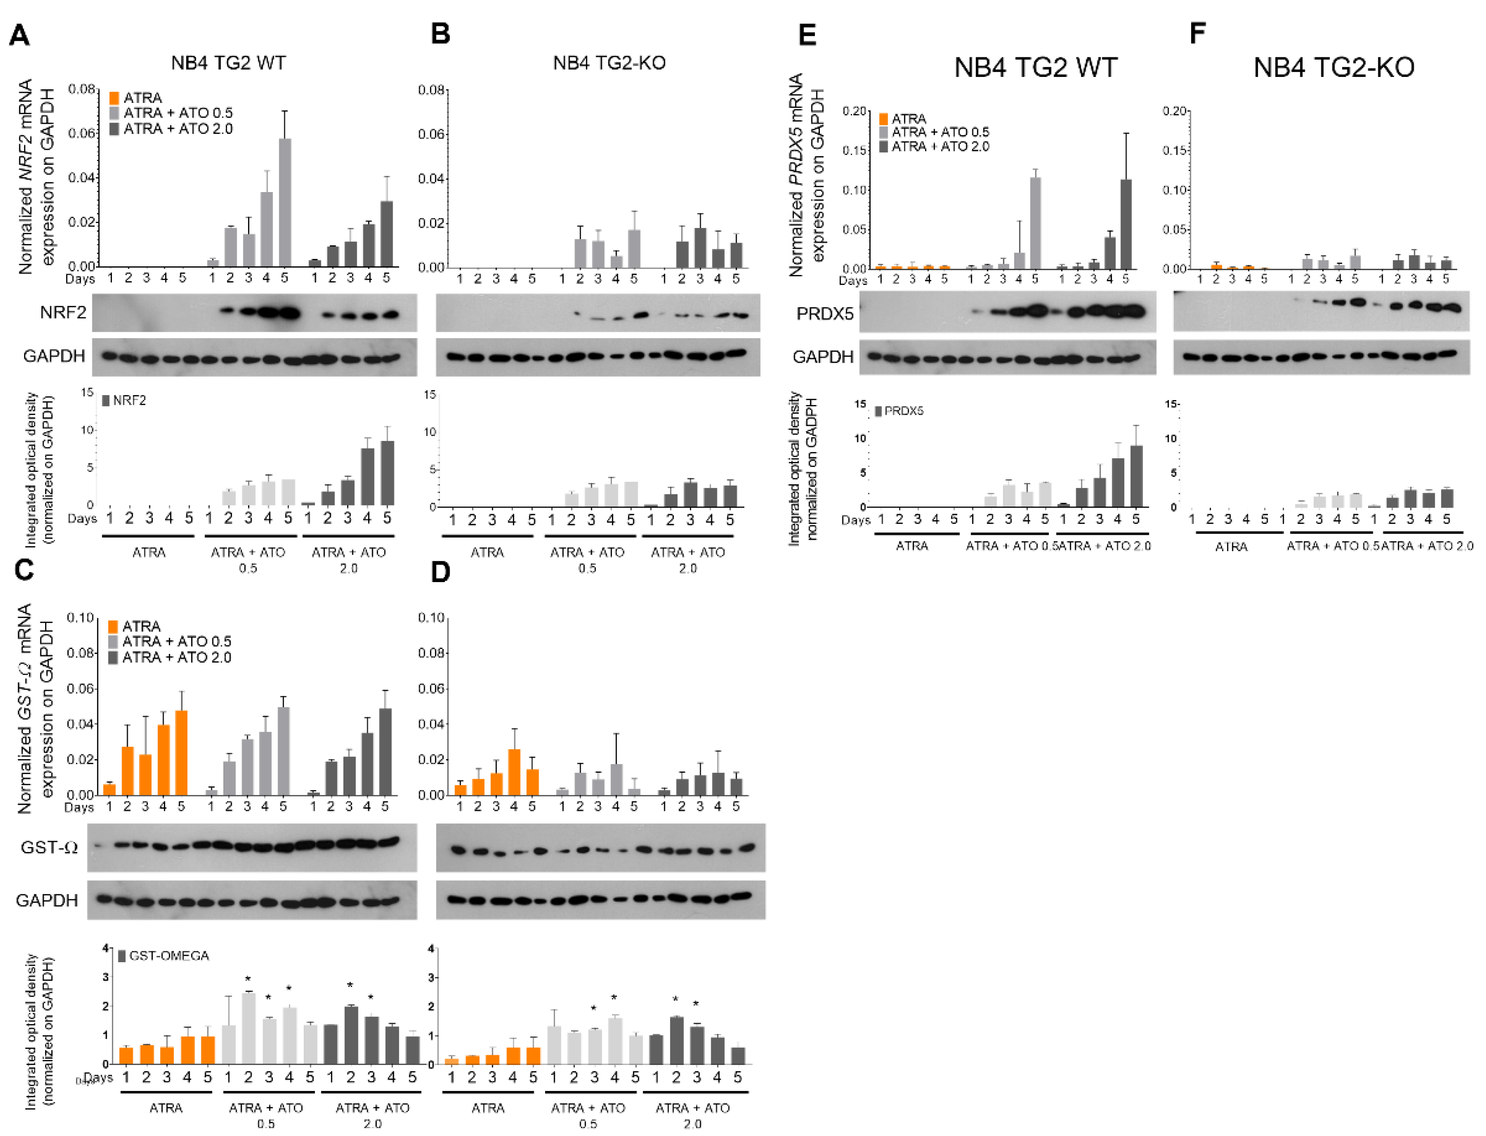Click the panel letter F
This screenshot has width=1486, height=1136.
[1198, 32]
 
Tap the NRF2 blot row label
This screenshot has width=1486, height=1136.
[62, 312]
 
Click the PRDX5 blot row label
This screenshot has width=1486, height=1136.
[824, 314]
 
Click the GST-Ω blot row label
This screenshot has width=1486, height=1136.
[49, 847]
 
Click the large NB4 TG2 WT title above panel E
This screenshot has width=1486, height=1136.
[1035, 68]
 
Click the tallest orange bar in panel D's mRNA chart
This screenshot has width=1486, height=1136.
[514, 771]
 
